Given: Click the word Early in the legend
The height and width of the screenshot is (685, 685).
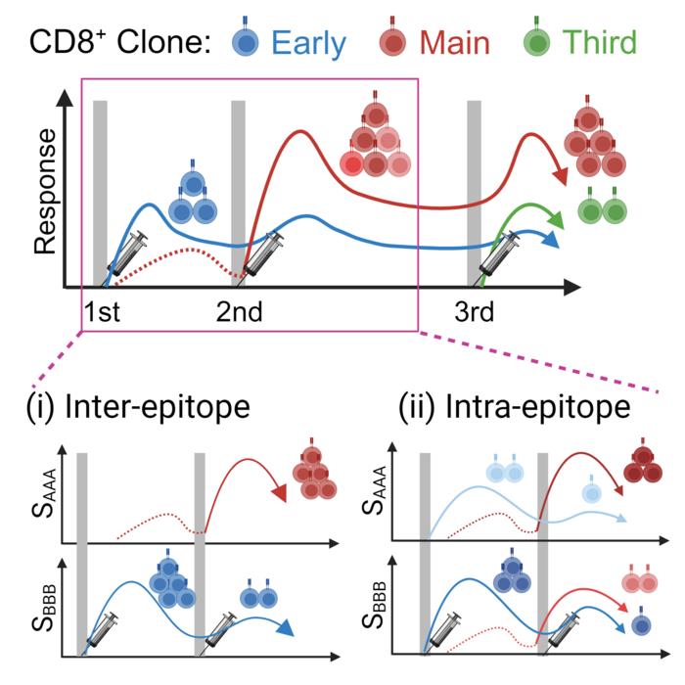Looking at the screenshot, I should tap(308, 42).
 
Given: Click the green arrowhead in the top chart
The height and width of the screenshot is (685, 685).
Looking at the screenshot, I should tap(555, 216).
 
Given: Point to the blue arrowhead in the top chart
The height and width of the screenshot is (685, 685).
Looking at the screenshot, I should tap(556, 238).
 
